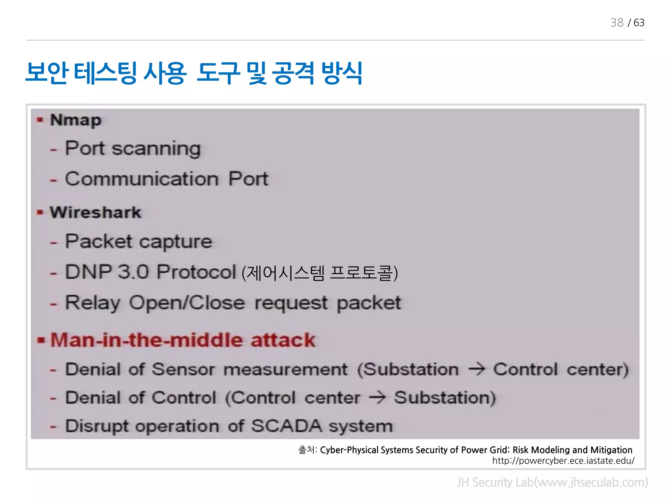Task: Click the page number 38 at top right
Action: [x=617, y=23]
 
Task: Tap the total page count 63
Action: [x=639, y=23]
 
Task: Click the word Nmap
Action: [x=75, y=120]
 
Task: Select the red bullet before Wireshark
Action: [x=40, y=212]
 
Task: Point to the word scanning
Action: [x=156, y=149]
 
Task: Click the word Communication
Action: [x=142, y=179]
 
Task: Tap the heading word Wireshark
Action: [x=95, y=212]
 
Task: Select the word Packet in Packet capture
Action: [x=98, y=241]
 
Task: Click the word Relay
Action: [x=93, y=303]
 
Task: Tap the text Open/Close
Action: [x=187, y=303]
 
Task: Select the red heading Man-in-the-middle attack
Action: [x=182, y=340]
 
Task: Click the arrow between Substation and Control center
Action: [x=476, y=369]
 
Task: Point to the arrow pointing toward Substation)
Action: [x=377, y=398]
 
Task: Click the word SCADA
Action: [x=286, y=426]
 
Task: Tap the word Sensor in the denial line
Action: [x=183, y=369]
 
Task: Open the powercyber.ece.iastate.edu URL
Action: [x=563, y=461]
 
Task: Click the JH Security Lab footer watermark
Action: [x=552, y=482]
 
